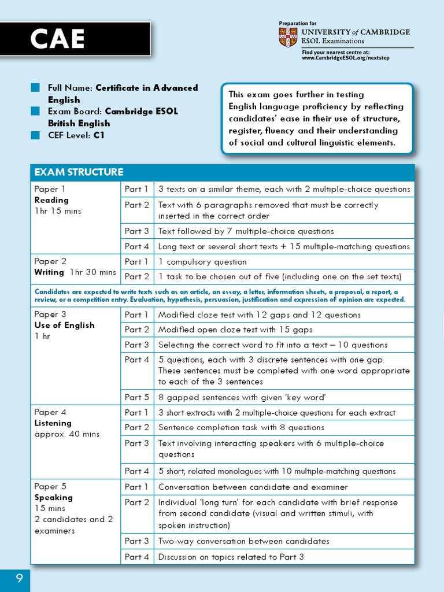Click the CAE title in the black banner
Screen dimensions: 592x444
(57, 39)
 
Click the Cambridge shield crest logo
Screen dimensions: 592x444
(288, 37)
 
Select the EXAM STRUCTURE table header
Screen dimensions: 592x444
(79, 172)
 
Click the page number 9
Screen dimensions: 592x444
(19, 578)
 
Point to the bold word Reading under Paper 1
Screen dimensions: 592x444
(51, 200)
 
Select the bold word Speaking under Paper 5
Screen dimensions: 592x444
(54, 497)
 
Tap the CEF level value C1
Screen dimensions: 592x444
(99, 135)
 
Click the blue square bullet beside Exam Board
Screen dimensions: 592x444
(36, 111)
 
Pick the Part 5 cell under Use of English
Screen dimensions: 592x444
(137, 397)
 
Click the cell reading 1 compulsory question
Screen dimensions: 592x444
(202, 262)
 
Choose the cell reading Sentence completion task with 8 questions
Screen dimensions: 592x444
(241, 428)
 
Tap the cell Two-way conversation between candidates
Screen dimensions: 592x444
(243, 541)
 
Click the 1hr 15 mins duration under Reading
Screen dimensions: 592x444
(58, 211)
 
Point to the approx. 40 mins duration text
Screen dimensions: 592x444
(66, 434)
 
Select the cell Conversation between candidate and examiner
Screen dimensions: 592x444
(253, 487)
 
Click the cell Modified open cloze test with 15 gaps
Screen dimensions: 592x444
(235, 330)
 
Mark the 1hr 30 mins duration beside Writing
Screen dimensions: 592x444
(93, 272)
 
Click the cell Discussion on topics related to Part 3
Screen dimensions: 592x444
(231, 557)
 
